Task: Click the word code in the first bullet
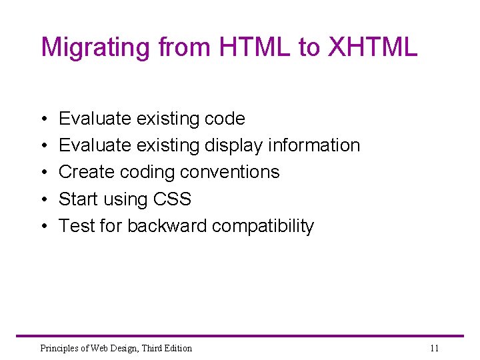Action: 225,119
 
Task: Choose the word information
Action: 315,145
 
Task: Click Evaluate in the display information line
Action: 95,145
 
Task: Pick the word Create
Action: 87,172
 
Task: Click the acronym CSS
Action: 171,199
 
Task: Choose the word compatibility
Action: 263,225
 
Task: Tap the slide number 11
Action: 434,348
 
